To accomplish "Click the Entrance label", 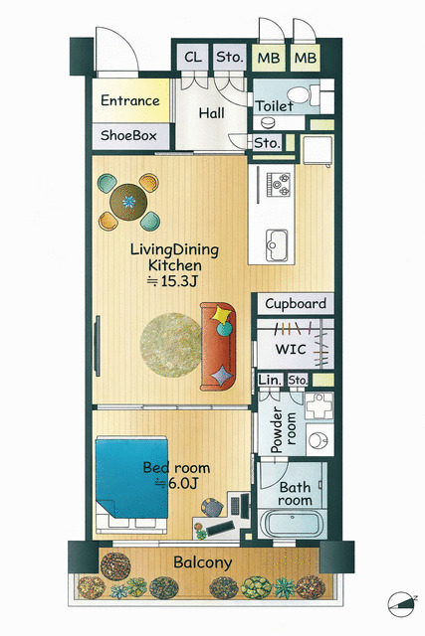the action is pyautogui.click(x=130, y=100).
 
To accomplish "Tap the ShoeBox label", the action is pyautogui.click(x=128, y=135).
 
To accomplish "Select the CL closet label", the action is pyautogui.click(x=192, y=57).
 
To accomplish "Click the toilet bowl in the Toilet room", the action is pyautogui.click(x=299, y=95).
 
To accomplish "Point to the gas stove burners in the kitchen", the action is pyautogui.click(x=278, y=184).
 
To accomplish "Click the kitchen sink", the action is pyautogui.click(x=277, y=245).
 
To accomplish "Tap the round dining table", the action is pyautogui.click(x=128, y=202).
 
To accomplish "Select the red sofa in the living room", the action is pyautogui.click(x=218, y=347).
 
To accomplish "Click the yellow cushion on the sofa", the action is pyautogui.click(x=221, y=314).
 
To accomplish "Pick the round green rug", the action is pyautogui.click(x=170, y=345).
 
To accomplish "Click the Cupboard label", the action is pyautogui.click(x=296, y=303).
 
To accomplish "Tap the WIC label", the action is pyautogui.click(x=291, y=349).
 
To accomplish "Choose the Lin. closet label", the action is pyautogui.click(x=270, y=381).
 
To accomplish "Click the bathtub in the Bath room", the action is pyautogui.click(x=292, y=524).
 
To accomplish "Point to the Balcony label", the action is pyautogui.click(x=203, y=562).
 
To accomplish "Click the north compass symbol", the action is pyautogui.click(x=402, y=604).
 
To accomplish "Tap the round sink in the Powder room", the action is pyautogui.click(x=318, y=440).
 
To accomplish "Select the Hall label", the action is pyautogui.click(x=211, y=113).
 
